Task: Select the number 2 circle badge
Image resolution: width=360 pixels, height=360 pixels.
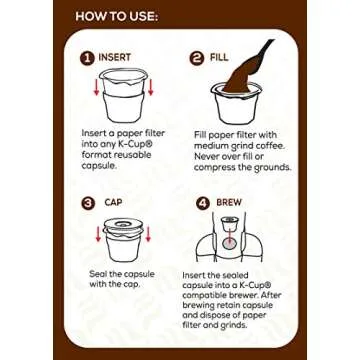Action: (197, 58)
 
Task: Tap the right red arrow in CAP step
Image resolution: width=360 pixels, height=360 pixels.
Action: (149, 233)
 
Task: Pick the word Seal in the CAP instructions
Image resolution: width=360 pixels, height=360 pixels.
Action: (97, 275)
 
